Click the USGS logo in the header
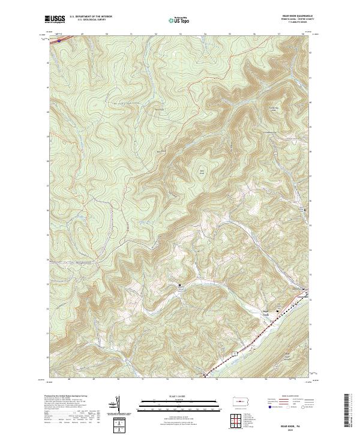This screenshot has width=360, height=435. (x=55, y=19)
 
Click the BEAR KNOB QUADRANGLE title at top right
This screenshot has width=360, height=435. (x=299, y=16)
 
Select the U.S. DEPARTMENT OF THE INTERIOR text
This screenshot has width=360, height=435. (x=91, y=17)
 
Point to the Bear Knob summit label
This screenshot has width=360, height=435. (x=202, y=172)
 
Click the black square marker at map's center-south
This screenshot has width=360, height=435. (x=178, y=284)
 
